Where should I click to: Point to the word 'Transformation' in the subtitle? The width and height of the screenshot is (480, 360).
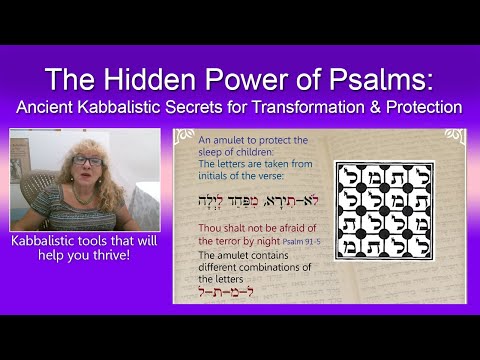coord(309,108)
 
